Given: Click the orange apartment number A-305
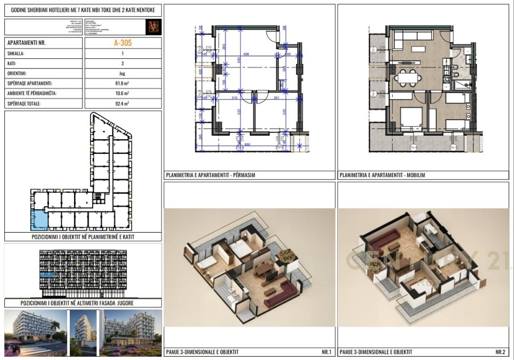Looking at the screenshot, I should [123, 43].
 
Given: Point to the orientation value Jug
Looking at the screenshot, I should [123, 73].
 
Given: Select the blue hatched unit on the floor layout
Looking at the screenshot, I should [39, 220].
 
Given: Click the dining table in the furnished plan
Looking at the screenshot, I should [408, 77].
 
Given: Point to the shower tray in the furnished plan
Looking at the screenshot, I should [464, 84].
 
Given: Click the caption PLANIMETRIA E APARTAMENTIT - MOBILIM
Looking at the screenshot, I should [382, 175].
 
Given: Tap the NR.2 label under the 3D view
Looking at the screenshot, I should [500, 352].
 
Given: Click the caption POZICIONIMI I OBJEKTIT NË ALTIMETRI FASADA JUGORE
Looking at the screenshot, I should [83, 303].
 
